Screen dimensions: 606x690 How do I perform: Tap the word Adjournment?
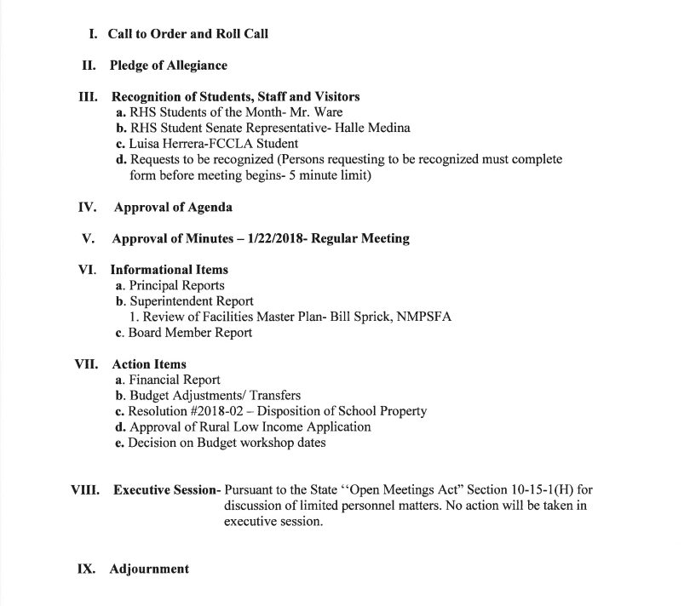pos(149,569)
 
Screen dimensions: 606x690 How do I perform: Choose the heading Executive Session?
pos(165,491)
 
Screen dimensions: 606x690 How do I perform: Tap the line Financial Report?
pos(175,380)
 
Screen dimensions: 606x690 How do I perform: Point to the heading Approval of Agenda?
pos(172,207)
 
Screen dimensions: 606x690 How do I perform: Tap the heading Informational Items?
pos(170,270)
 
